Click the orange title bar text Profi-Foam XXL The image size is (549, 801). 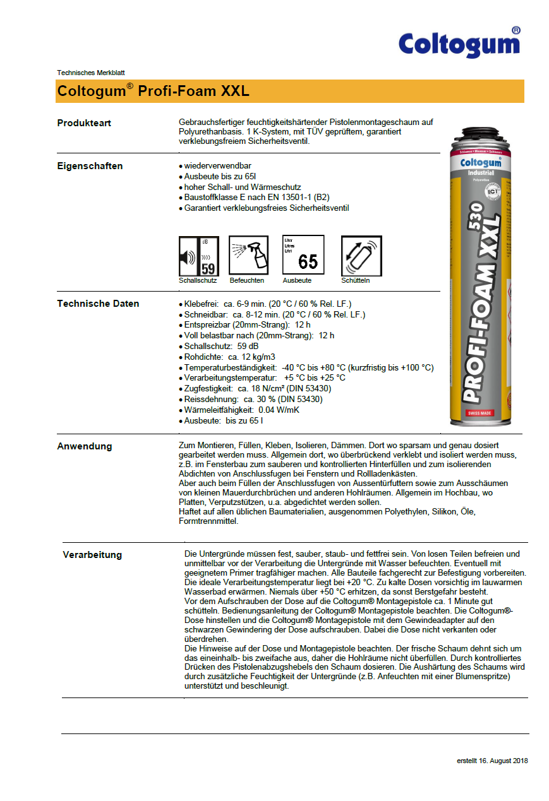tap(154, 91)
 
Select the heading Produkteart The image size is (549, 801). tap(84, 123)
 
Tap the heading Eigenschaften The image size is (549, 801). tap(90, 166)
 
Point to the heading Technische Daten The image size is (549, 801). tap(98, 304)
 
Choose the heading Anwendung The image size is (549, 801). tap(84, 446)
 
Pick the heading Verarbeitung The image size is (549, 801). tap(92, 555)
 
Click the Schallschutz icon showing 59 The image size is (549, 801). tap(198, 256)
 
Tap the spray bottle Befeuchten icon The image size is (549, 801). tap(248, 256)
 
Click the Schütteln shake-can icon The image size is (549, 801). tap(361, 256)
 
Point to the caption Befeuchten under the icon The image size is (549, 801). tap(247, 280)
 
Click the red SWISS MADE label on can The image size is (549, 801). tap(479, 413)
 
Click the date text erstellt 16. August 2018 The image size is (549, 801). tap(492, 761)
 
